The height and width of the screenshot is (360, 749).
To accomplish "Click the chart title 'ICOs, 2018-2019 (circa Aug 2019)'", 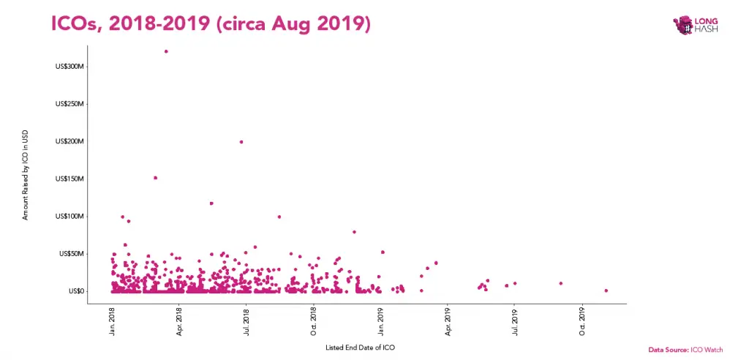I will coord(211,23).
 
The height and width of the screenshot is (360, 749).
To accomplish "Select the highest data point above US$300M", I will coord(166,51).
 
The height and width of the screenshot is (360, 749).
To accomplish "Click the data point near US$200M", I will coord(241,142).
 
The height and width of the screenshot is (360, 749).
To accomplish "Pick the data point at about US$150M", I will coord(155,178).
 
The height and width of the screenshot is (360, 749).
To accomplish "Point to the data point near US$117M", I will coord(211,203).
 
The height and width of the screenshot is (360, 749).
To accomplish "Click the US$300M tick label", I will coord(70,67).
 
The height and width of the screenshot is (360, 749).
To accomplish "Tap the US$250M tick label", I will coord(70,104).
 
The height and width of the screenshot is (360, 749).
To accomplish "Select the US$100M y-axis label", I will coord(70,217).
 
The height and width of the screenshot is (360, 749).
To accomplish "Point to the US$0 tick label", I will coord(75,291).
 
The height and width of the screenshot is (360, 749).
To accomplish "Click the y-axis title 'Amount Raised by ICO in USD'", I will coord(26,176).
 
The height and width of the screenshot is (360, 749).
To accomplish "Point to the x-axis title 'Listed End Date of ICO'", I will coord(361,348).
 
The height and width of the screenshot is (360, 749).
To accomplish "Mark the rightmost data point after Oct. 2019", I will coord(606,290).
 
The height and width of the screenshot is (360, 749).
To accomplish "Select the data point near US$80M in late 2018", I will coord(354,232).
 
